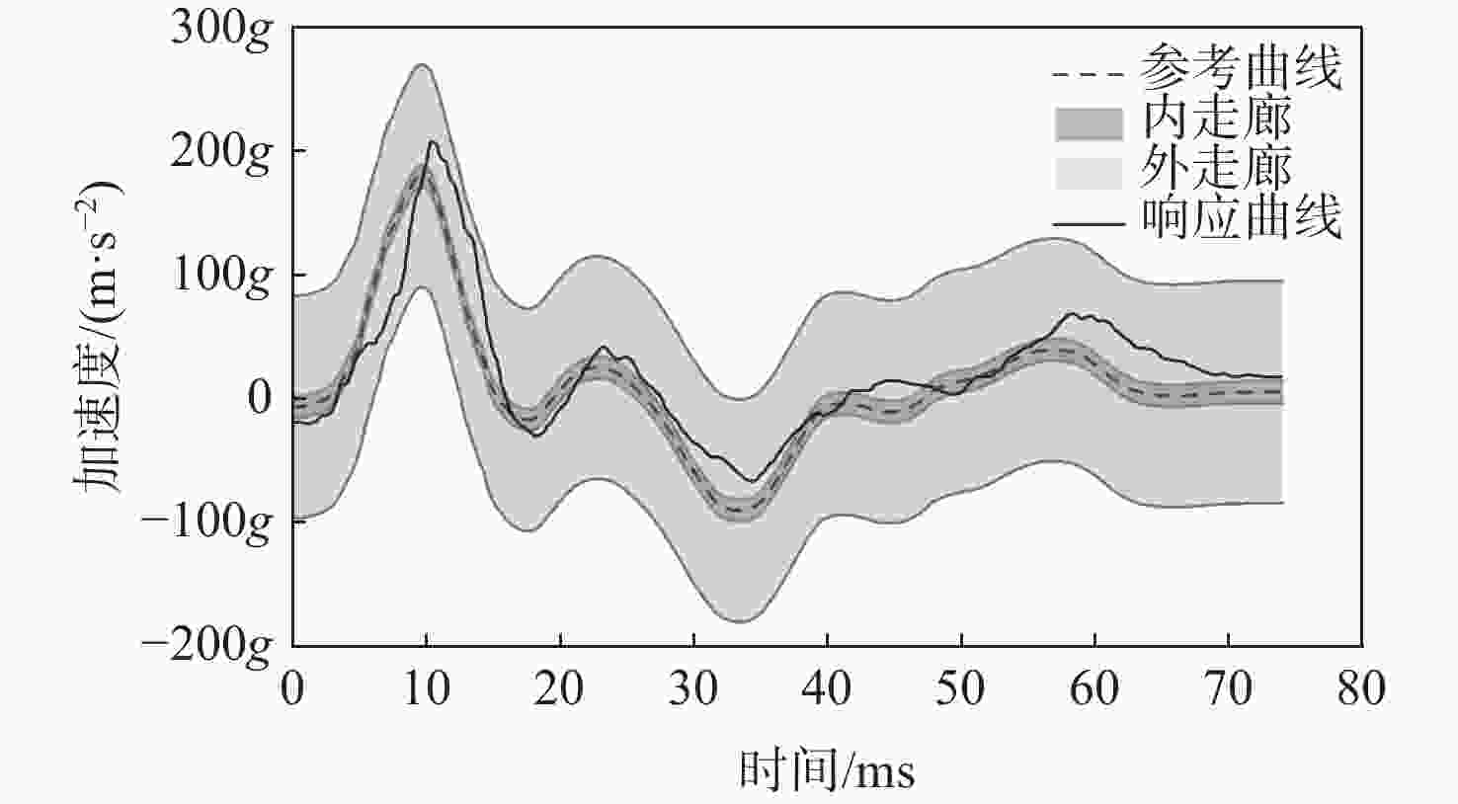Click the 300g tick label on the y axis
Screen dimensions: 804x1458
[220, 29]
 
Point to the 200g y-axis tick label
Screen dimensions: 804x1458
[220, 152]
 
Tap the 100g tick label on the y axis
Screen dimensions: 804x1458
[220, 276]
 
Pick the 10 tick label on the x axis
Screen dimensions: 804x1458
[426, 688]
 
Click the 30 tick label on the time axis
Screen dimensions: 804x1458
[693, 688]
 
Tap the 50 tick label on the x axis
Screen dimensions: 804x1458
[961, 688]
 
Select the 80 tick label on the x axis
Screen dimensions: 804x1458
[1361, 688]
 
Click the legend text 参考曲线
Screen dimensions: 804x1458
[1241, 70]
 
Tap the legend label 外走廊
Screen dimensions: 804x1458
[1216, 169]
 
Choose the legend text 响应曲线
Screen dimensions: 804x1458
[1241, 218]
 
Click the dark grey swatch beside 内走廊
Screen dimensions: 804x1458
[1089, 123]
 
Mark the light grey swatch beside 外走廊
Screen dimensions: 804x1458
[1089, 173]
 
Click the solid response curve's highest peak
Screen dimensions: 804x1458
[432, 141]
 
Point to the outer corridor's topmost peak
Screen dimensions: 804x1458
[422, 64]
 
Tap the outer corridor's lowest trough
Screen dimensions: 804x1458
[742, 622]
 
